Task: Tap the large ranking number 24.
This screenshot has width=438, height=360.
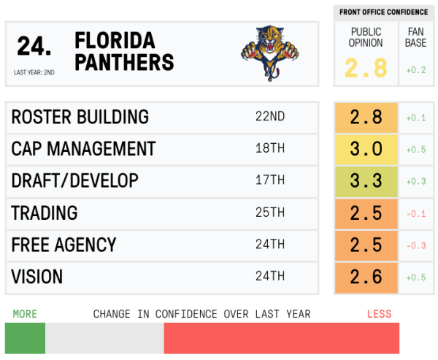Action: (x=34, y=47)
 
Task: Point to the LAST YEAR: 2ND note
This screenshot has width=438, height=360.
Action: (x=34, y=72)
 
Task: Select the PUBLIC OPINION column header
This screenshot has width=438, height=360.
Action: (x=366, y=37)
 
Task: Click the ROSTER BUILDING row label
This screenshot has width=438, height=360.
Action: (x=80, y=117)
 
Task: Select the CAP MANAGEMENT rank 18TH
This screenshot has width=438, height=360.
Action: (x=269, y=149)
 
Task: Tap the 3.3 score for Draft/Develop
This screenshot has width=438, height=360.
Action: (x=366, y=181)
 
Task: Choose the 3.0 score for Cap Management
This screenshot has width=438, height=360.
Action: (x=366, y=149)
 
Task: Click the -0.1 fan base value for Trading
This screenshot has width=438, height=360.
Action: (x=417, y=213)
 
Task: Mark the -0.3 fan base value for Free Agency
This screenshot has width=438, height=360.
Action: (x=417, y=245)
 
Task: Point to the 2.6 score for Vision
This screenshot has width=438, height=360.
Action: (x=366, y=277)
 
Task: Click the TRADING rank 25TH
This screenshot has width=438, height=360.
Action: (x=269, y=213)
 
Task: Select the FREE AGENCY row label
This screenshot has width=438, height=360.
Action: (x=64, y=245)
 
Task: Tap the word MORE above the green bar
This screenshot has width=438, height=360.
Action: (x=25, y=314)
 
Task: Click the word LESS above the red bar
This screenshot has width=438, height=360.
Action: (x=379, y=314)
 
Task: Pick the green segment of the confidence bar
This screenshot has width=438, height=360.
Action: (x=25, y=339)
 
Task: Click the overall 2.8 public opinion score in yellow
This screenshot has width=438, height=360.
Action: (x=366, y=69)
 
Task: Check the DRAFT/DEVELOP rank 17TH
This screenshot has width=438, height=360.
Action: (x=269, y=181)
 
